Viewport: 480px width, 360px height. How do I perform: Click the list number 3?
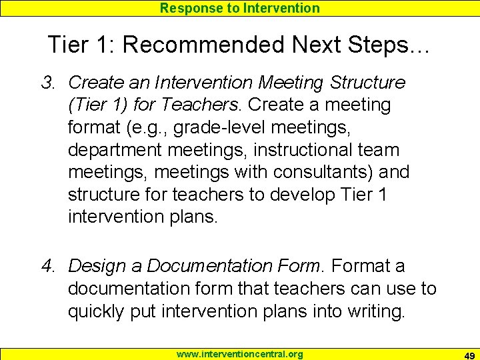[x=47, y=83]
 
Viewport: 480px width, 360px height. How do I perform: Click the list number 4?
[x=47, y=266]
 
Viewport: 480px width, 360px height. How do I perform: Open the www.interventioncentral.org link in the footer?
[x=239, y=354]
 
